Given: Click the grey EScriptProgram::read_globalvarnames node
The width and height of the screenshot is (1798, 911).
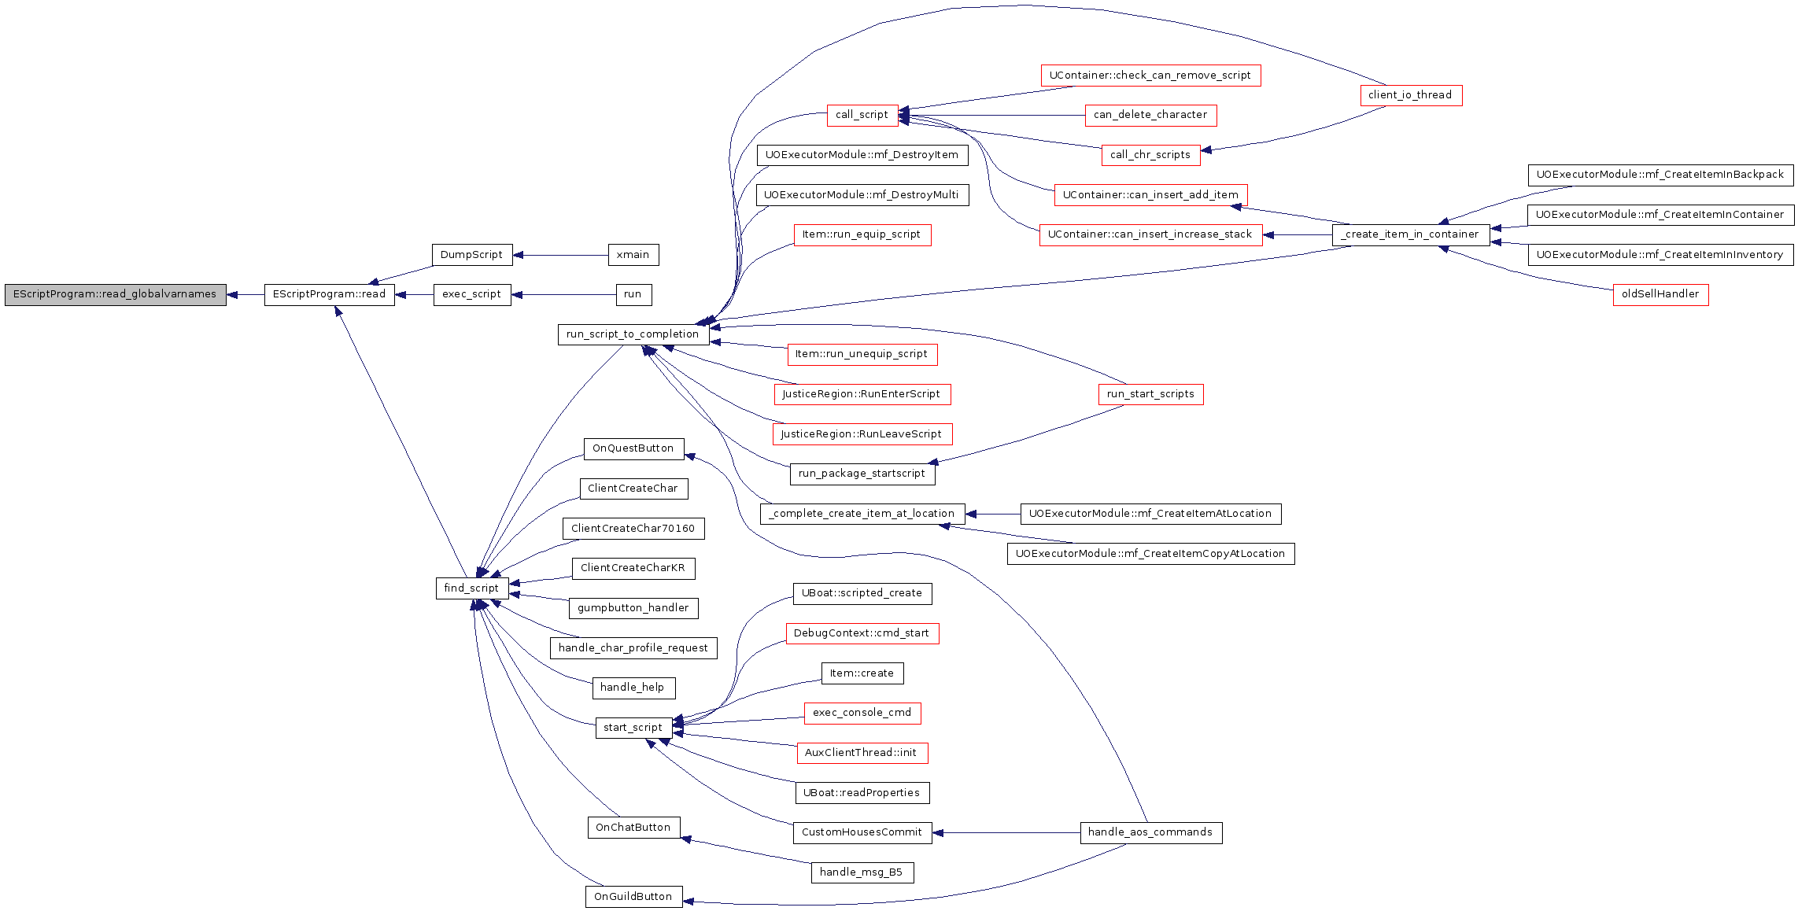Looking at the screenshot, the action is [116, 294].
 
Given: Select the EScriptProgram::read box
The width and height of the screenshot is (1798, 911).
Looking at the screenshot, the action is [329, 294].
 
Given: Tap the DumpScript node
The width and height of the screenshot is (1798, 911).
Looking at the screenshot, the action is [471, 255].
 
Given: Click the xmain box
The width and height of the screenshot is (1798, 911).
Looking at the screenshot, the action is [633, 255].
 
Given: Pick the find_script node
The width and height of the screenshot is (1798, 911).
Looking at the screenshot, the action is [471, 588].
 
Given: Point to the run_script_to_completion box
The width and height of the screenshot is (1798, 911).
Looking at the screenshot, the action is [633, 334].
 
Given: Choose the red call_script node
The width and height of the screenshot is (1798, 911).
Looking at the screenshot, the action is [862, 115].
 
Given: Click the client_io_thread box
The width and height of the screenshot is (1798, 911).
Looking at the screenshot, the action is [1410, 95].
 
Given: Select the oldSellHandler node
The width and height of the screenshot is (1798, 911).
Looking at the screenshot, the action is [1660, 294].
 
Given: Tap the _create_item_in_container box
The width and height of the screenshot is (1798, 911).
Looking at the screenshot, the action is [1410, 234].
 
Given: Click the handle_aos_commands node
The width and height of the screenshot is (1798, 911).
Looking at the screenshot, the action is [1150, 832].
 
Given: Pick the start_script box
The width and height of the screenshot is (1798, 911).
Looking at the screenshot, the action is [633, 728].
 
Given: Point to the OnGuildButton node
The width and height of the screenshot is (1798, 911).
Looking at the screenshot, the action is [633, 897].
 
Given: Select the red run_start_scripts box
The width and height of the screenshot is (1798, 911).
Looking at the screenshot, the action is [1150, 394].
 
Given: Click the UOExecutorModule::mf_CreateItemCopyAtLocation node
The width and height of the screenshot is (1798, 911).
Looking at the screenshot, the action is [1150, 554].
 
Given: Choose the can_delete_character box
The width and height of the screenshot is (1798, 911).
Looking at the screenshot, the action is [1150, 115].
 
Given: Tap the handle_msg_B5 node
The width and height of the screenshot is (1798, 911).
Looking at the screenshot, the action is [862, 872].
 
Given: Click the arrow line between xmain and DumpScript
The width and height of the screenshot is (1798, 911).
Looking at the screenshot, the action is [560, 255].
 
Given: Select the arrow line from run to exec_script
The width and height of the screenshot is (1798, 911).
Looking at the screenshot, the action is [563, 295].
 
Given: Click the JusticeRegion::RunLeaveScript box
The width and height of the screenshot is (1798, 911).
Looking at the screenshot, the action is [862, 434].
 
